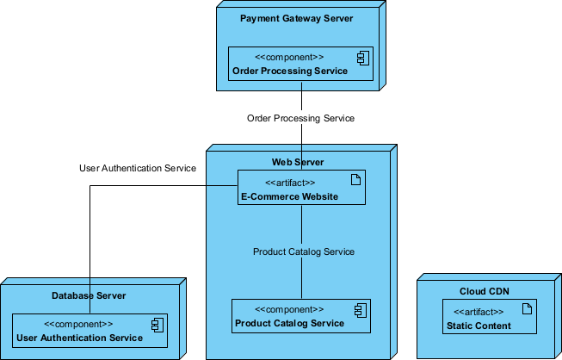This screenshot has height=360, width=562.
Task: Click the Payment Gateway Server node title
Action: click(296, 18)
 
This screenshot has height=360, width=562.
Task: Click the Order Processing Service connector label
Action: click(300, 118)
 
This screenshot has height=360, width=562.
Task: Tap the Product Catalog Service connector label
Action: click(303, 251)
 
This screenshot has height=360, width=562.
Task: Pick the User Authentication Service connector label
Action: click(138, 168)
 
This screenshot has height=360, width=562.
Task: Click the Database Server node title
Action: click(89, 295)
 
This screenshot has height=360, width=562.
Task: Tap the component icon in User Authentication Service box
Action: click(156, 325)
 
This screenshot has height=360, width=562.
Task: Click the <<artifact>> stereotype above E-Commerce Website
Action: click(289, 183)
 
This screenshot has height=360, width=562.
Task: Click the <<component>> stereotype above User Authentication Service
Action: click(78, 325)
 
